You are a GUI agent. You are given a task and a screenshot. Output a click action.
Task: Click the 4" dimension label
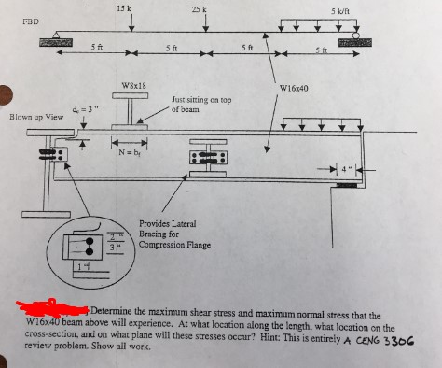pos(349,168)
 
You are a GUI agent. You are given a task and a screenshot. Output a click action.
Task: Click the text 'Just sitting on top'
pos(202,98)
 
